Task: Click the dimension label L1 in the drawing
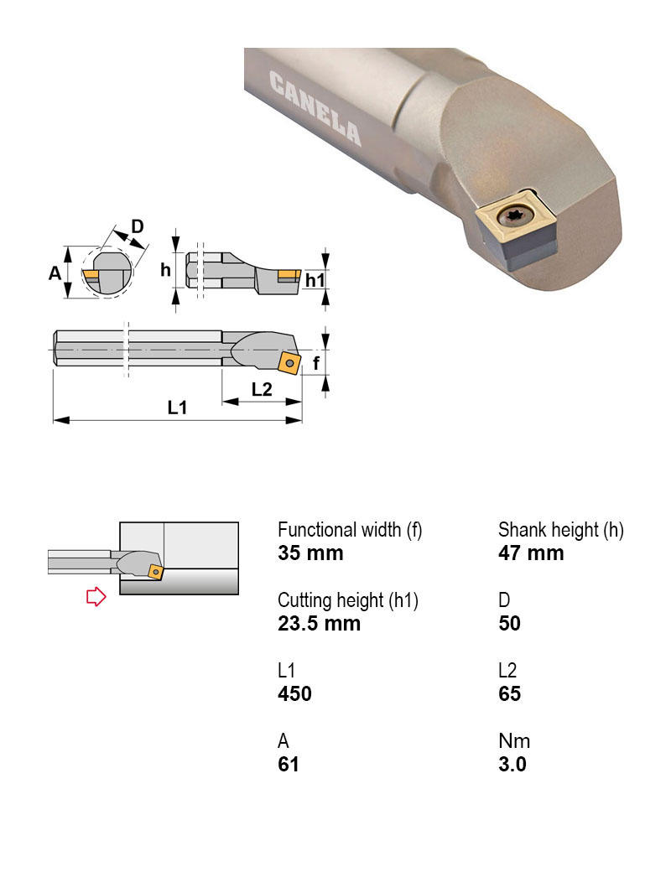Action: click(177, 408)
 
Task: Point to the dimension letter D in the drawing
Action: click(138, 226)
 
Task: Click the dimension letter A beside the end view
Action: click(55, 272)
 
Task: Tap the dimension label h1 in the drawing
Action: click(315, 280)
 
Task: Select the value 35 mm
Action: click(310, 553)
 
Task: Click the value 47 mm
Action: click(531, 553)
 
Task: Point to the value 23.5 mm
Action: click(319, 624)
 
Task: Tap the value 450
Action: click(294, 694)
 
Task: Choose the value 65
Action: click(509, 694)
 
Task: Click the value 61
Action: click(289, 765)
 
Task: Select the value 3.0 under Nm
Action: click(512, 765)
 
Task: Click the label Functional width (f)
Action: click(350, 530)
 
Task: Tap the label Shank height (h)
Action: click(561, 530)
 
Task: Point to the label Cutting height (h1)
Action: click(348, 600)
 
